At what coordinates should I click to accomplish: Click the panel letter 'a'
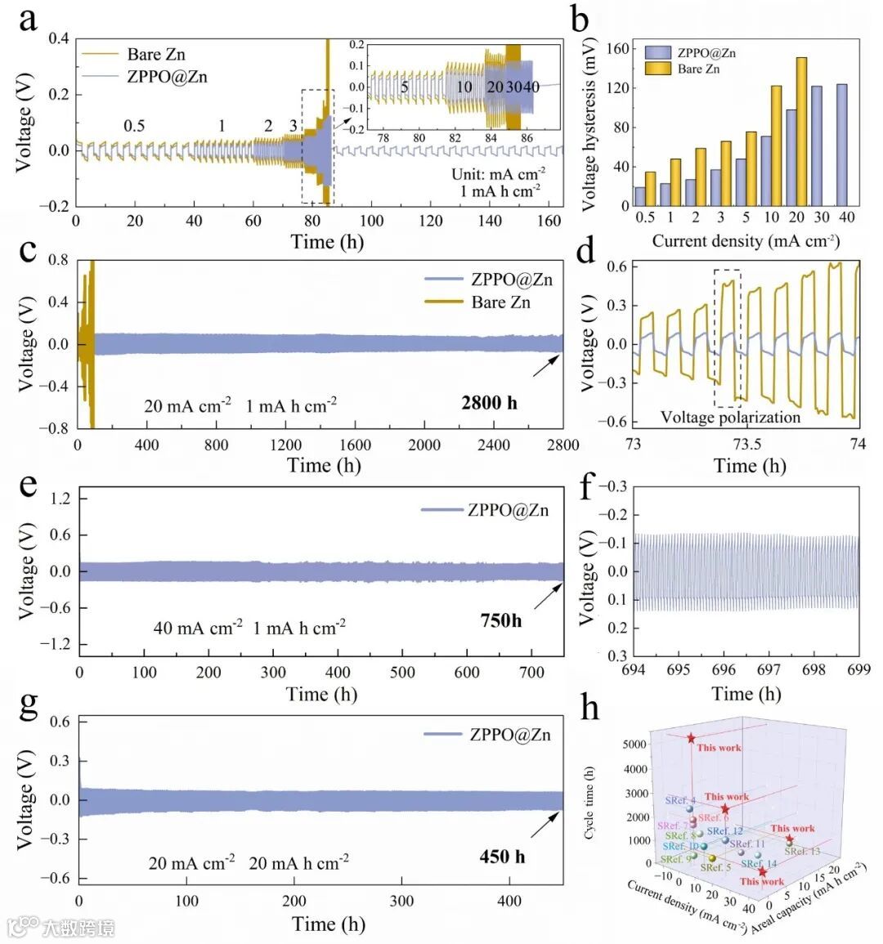coord(28,18)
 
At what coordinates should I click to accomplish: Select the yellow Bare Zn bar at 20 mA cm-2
coord(801,132)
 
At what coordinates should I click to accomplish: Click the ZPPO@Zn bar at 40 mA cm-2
coord(841,145)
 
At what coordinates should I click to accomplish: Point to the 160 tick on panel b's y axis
coord(618,49)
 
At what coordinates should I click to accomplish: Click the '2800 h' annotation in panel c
coord(489,402)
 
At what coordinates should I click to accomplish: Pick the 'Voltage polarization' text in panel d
coord(730,418)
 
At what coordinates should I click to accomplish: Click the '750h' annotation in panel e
coord(500,620)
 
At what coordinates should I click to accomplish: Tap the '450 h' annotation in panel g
coord(502,857)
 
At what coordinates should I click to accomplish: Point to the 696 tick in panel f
coord(724,670)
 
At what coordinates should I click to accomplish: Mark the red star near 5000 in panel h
coord(691,739)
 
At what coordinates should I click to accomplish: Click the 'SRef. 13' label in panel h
coord(802,852)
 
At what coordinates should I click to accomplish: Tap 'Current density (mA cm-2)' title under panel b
coord(746,241)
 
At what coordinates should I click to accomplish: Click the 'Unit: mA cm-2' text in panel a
coord(499,174)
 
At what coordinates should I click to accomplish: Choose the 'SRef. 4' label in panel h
coord(680,801)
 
